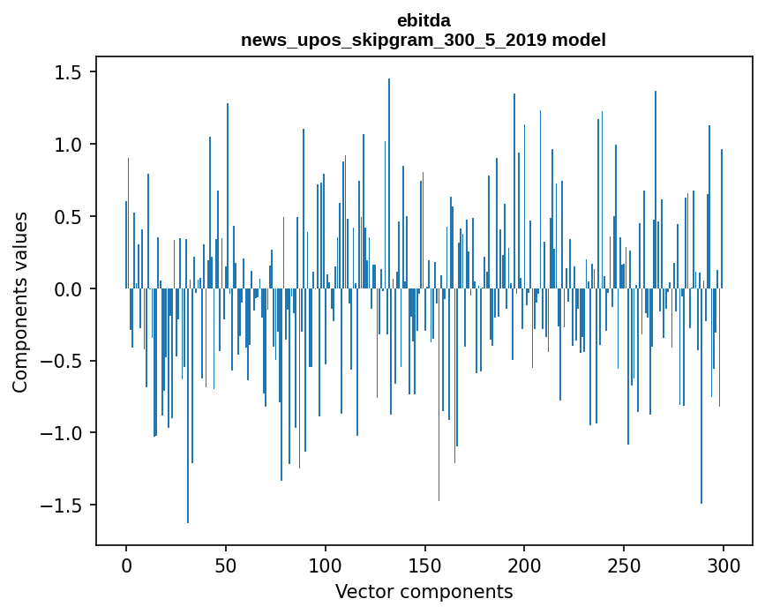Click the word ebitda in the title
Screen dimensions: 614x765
[x=423, y=20]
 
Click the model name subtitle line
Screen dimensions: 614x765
[x=423, y=40]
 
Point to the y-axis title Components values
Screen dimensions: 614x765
[x=20, y=302]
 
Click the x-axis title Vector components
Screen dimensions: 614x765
[x=424, y=591]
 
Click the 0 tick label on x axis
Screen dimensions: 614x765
[x=126, y=564]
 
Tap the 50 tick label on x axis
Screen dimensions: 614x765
[x=226, y=564]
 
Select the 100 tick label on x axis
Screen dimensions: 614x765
[x=326, y=564]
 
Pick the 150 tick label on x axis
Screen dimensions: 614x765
[x=424, y=564]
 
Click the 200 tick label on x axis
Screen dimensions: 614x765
[x=524, y=564]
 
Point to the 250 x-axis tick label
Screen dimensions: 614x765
[x=624, y=564]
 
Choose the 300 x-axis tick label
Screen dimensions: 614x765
[x=724, y=564]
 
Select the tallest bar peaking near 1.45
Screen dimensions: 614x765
[x=389, y=176]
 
